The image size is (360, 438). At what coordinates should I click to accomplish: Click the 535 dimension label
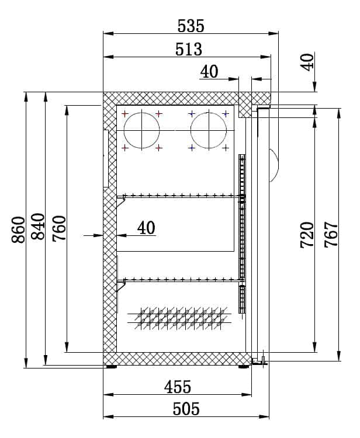[x=190, y=26]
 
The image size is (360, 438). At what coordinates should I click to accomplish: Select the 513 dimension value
[x=189, y=49]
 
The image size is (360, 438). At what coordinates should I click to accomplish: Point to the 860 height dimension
[x=18, y=230]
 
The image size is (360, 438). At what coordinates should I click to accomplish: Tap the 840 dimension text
[x=37, y=227]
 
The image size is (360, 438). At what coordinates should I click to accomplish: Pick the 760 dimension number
[x=58, y=228]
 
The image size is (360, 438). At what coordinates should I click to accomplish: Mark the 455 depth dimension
[x=178, y=387]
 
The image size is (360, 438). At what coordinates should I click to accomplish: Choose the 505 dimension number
[x=186, y=409]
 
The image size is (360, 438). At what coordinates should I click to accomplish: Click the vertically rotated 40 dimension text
[x=308, y=61]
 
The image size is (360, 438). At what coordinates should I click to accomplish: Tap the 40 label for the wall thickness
[x=147, y=227]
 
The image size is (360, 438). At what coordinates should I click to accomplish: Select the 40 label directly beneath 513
[x=209, y=71]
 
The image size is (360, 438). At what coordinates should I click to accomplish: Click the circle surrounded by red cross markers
[x=141, y=130]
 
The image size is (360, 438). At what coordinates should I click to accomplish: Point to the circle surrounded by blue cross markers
[x=209, y=130]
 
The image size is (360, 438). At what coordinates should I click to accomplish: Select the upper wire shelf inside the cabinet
[x=178, y=195]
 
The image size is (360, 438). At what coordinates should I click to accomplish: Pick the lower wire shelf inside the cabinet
[x=178, y=279]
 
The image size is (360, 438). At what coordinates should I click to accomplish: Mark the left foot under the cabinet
[x=110, y=367]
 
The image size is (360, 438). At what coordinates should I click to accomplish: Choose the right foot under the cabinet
[x=244, y=367]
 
